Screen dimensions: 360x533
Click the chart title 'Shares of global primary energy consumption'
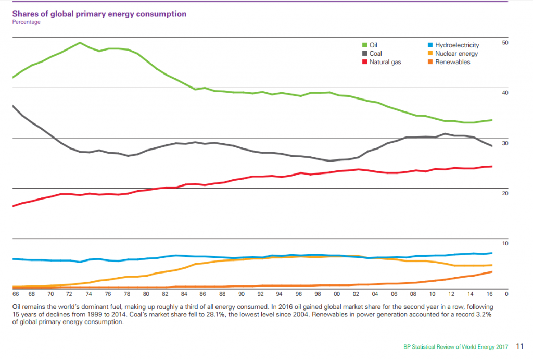[99, 14]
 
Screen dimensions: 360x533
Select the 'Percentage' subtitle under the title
[26, 22]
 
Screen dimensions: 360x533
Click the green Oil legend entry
[372, 45]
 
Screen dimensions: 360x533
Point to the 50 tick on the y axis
[504, 42]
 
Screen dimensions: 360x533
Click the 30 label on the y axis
[504, 143]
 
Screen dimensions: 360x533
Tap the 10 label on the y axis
[504, 244]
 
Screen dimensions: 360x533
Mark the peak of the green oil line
[80, 43]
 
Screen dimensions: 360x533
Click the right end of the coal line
[492, 146]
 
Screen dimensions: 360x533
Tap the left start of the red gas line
[13, 206]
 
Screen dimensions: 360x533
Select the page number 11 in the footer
[520, 346]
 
